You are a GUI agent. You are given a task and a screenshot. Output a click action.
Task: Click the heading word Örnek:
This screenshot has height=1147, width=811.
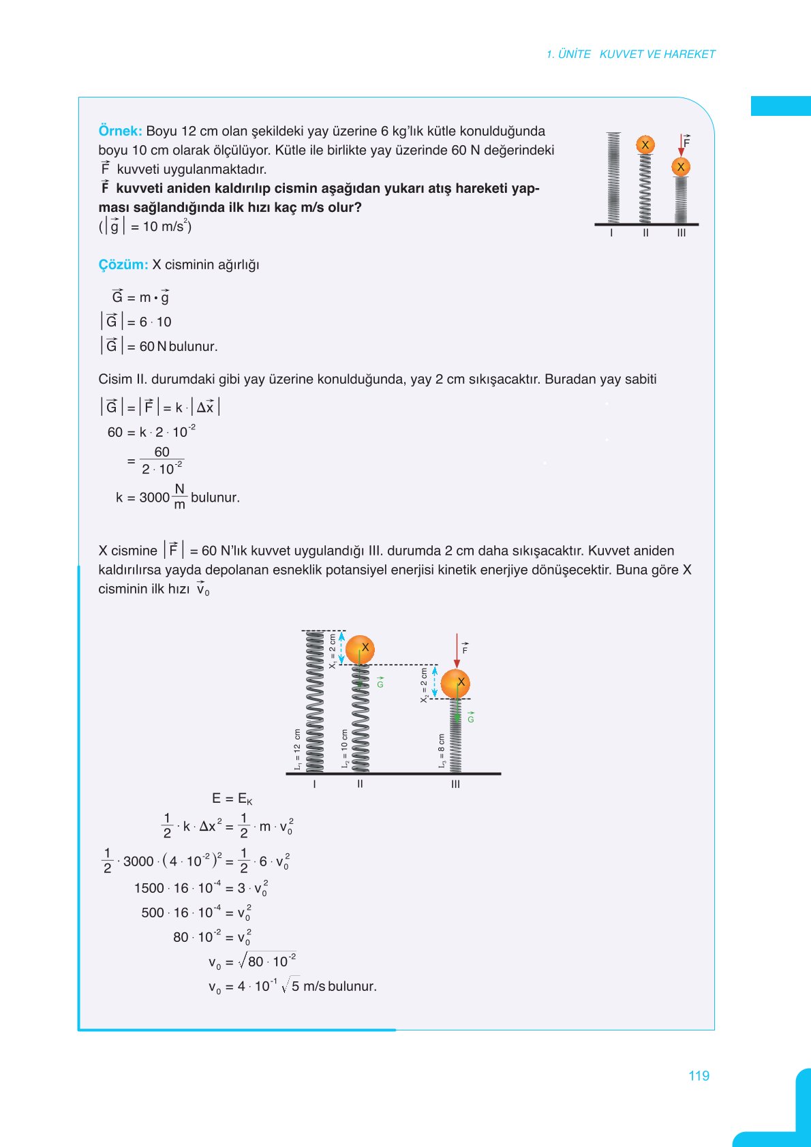click(x=120, y=131)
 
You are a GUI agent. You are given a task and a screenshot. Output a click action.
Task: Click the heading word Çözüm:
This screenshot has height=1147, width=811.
click(x=123, y=264)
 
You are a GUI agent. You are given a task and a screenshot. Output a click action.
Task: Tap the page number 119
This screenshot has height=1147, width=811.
click(x=699, y=1075)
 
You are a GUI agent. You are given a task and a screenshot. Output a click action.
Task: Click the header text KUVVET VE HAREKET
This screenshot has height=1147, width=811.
click(x=657, y=54)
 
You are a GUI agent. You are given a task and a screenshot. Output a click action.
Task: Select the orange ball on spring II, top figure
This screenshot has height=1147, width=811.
click(x=645, y=144)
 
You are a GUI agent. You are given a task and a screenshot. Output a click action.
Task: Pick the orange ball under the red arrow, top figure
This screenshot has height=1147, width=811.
click(x=680, y=167)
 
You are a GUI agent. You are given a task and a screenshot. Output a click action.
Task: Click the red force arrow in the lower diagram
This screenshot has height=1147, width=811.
click(x=457, y=651)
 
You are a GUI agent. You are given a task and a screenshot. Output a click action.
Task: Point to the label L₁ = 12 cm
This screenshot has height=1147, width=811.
click(x=298, y=750)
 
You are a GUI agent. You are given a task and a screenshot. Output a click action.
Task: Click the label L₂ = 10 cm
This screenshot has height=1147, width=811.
click(x=345, y=750)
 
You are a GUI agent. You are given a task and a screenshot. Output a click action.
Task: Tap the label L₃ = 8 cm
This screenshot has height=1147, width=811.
click(x=442, y=752)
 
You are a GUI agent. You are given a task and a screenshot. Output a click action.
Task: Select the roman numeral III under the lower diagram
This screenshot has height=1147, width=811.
click(x=455, y=784)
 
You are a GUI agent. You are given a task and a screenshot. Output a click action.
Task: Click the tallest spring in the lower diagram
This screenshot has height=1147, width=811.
click(x=315, y=702)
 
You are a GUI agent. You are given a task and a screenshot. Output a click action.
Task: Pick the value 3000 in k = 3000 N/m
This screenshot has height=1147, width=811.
click(x=154, y=498)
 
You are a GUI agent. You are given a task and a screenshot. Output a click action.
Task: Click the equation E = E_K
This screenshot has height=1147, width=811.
click(x=232, y=799)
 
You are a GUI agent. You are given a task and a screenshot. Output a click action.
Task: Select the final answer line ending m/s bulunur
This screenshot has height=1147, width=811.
click(x=292, y=986)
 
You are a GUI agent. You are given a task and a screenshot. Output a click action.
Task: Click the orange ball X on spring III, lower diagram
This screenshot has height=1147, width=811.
click(x=455, y=683)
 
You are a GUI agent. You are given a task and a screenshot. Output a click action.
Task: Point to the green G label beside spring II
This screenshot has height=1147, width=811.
click(x=380, y=682)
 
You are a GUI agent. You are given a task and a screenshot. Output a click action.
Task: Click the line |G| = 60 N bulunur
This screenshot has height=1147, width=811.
click(x=159, y=346)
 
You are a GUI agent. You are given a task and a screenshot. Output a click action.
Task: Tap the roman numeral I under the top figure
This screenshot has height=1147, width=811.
click(x=611, y=233)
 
